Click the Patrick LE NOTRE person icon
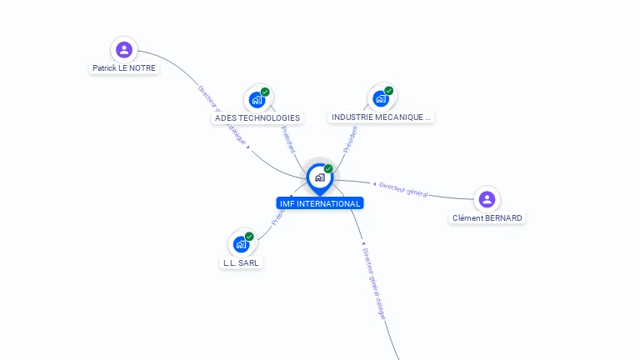tap(124, 50)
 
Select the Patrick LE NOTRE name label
tap(124, 68)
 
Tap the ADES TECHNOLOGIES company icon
tap(256, 100)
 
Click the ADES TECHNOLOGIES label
tap(257, 118)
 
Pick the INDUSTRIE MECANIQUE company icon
tap(381, 99)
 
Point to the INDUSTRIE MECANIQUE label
tap(381, 117)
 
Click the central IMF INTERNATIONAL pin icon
tap(319, 177)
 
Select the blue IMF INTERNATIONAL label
tap(320, 203)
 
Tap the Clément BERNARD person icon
tap(487, 199)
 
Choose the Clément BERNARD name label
tap(487, 218)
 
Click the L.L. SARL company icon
tap(241, 244)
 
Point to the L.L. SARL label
tap(241, 262)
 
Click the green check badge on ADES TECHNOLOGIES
tap(265, 92)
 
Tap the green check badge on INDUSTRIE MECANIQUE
tap(388, 91)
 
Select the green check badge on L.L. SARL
tap(249, 236)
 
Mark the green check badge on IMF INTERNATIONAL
tap(328, 168)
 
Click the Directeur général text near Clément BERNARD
tap(403, 190)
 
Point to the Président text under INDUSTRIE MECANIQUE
tap(350, 139)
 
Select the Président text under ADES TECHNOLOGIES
tap(288, 139)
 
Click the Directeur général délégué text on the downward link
tap(374, 283)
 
